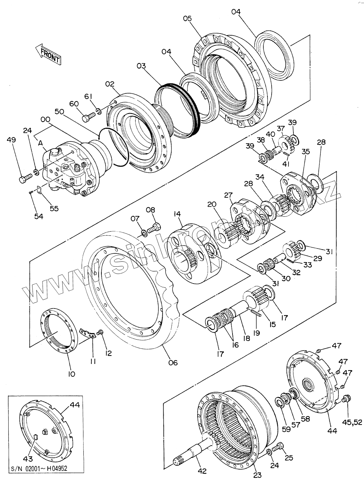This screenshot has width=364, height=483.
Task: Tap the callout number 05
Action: click(187, 18)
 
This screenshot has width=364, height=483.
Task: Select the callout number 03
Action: click(141, 66)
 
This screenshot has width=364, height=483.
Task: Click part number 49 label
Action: click(12, 140)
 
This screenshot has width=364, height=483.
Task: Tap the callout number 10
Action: click(71, 374)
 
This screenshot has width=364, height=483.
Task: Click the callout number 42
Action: click(202, 471)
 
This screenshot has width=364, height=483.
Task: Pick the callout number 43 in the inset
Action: click(28, 459)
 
